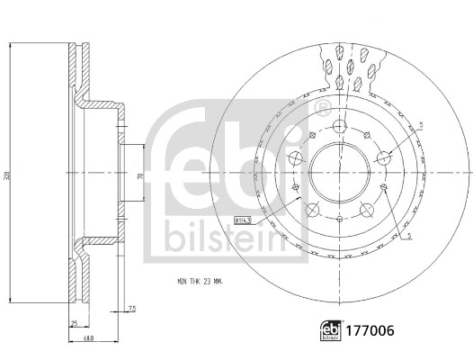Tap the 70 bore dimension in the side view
pos(138,179)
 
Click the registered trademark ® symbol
pos(323,109)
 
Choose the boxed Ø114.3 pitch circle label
pos(243,220)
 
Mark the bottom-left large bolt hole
pos(311,209)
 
